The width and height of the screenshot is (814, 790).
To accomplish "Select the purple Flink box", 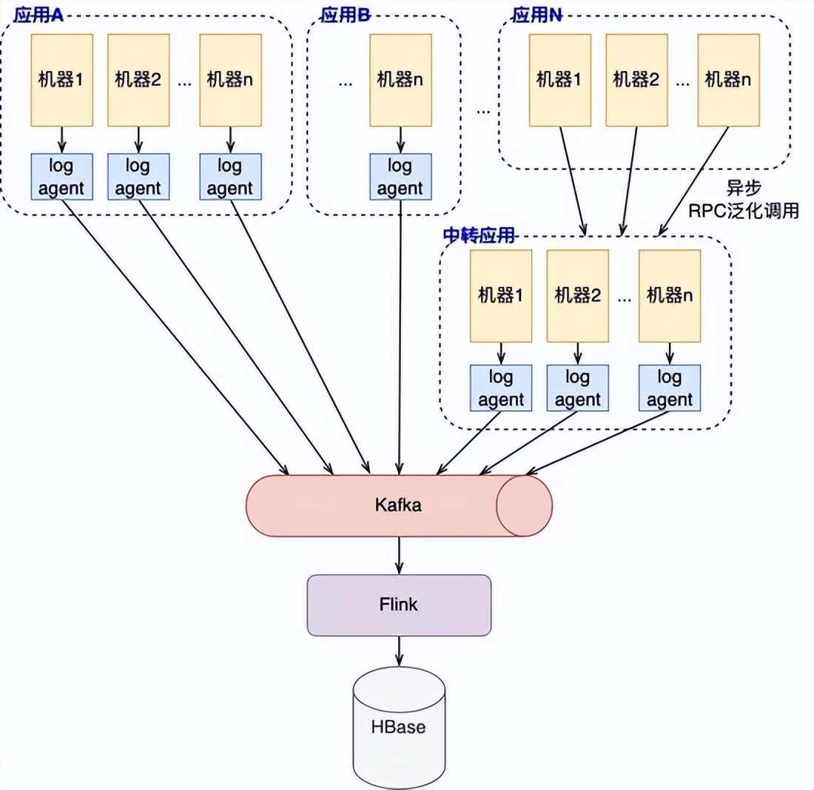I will tap(399, 605).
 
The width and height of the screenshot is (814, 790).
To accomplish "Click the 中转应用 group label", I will tap(478, 234).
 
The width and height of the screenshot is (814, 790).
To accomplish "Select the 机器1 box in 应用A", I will tap(61, 79).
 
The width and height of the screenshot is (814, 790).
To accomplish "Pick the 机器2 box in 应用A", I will tap(138, 79).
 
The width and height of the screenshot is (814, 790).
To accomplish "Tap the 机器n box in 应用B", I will tap(400, 79).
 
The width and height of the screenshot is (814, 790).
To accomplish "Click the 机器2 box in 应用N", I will tap(636, 79).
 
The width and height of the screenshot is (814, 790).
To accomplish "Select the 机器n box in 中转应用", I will tap(669, 296).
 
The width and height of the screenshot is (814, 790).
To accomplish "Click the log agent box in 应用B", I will tap(400, 177).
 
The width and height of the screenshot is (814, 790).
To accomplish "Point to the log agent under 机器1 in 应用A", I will tap(61, 177).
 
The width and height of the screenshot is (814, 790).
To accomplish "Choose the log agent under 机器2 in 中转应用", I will tap(577, 389).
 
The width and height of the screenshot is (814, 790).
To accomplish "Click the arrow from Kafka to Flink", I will tap(400, 555).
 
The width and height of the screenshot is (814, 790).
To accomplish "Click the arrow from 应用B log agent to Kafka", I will tap(400, 333).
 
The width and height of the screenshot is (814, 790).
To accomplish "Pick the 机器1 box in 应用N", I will tap(559, 79).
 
